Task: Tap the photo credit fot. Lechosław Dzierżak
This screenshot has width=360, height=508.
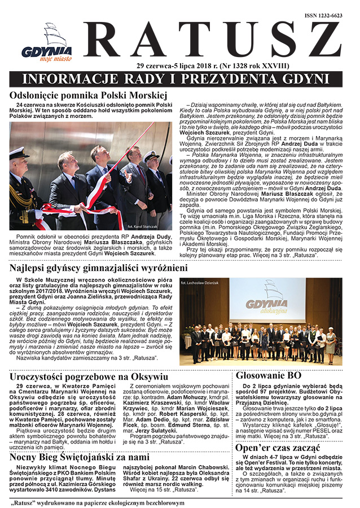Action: click(201, 281)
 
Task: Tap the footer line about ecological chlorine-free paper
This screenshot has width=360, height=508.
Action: click(96, 501)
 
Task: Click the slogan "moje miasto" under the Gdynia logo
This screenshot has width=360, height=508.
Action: click(46, 57)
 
